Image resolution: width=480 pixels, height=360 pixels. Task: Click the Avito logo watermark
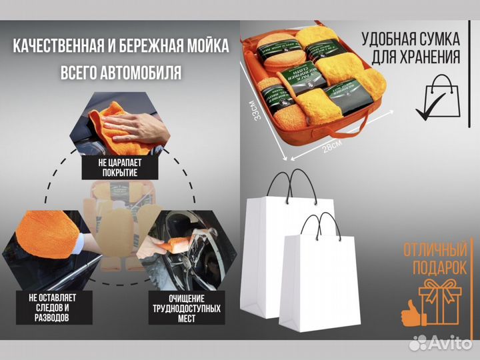(441, 342)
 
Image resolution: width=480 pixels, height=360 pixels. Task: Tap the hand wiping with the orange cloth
(134, 124)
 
